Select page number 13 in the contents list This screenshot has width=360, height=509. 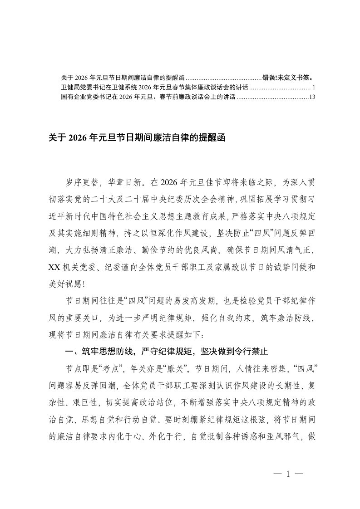[x=311, y=97]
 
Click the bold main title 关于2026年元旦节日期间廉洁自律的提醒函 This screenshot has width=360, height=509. [x=137, y=138]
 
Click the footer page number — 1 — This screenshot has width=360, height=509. [x=288, y=475]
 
